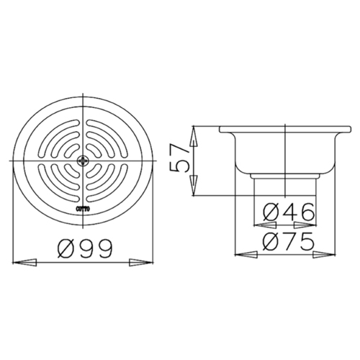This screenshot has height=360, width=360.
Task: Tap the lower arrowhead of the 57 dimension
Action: click(x=194, y=189)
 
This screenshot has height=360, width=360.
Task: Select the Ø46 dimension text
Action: click(x=287, y=212)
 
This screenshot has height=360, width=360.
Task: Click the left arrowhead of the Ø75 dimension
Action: click(x=247, y=254)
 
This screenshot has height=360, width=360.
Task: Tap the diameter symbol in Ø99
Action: click(x=65, y=248)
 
